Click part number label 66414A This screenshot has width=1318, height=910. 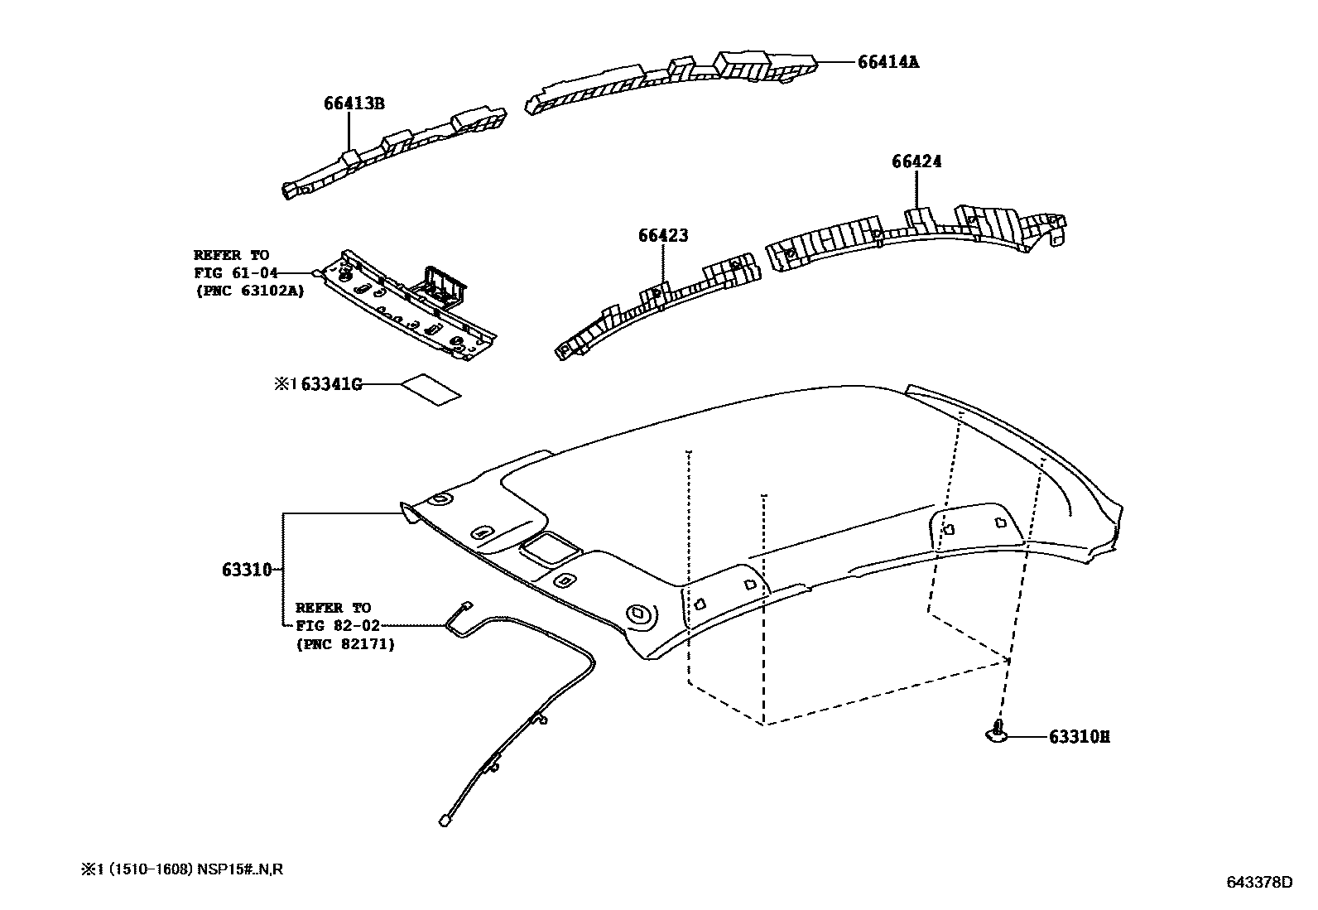(887, 62)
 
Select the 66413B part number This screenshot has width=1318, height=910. (354, 104)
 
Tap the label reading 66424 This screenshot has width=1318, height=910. (916, 161)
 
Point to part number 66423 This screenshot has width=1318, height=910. (662, 236)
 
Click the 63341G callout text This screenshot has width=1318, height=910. (331, 384)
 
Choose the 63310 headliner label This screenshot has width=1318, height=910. (247, 570)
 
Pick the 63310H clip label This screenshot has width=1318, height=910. (1079, 737)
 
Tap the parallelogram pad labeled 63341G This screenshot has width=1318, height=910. (431, 388)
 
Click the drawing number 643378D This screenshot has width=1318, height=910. (1258, 883)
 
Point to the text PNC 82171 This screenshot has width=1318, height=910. (345, 643)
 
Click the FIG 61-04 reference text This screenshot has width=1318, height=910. (235, 273)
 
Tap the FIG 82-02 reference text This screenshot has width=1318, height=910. (338, 626)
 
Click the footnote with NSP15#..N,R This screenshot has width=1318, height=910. (182, 869)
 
